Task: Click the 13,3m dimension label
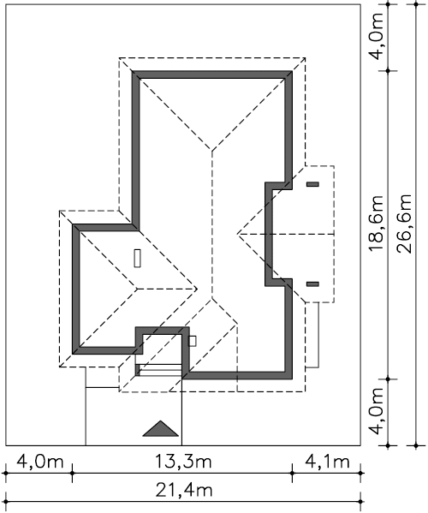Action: coord(183,462)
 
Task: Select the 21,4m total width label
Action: coord(184,491)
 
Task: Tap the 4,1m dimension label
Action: coord(327,462)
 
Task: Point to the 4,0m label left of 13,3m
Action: coord(40,462)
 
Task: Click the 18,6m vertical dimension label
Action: coord(376,224)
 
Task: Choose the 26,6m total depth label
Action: coord(404,224)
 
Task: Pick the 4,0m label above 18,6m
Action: coord(376,37)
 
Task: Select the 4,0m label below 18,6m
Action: coord(376,411)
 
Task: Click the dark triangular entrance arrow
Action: coord(161,428)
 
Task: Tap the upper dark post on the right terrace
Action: coord(312,184)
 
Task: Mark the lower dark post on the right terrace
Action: coord(312,284)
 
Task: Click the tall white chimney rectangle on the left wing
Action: coord(138,258)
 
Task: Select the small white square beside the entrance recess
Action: coord(193,341)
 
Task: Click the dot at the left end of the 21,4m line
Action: coord(5,502)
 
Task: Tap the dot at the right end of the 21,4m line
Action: coord(360,502)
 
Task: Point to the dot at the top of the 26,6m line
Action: coord(416,4)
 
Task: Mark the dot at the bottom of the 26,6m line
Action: coord(416,445)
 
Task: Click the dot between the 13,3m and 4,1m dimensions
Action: coord(292,473)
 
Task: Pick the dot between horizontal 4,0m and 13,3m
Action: coord(72,473)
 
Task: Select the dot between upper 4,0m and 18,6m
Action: coord(388,71)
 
